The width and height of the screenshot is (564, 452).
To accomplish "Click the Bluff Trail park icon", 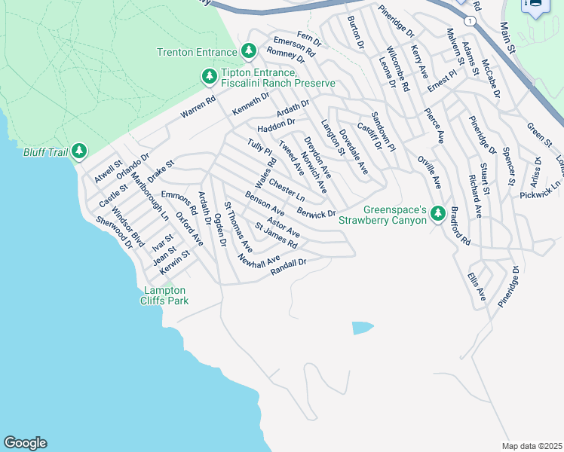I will coord(79,152).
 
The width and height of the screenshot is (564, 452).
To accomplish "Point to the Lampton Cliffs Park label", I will coord(167,295).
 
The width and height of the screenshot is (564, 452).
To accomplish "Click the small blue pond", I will coord(362,328).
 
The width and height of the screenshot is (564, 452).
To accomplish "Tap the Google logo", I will coord(25,443).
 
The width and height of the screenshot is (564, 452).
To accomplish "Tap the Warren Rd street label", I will coord(198,108).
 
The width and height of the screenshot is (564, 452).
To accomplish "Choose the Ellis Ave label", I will coord(476,287).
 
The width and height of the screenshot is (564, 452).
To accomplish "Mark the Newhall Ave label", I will coord(259,261).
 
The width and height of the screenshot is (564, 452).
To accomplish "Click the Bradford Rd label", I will coord(459,230).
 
